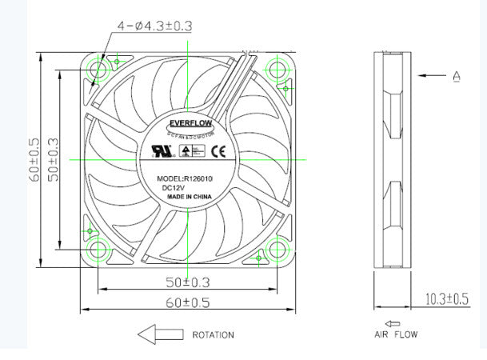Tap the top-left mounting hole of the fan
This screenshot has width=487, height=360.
coord(100,70)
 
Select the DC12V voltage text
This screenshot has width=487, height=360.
coord(174,189)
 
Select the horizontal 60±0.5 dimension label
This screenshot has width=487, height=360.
coord(189,302)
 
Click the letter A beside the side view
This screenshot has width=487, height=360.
coord(457,77)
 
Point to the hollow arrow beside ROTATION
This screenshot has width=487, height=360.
coord(158,334)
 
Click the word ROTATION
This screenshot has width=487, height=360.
coord(213,335)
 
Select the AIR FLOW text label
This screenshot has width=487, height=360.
coord(395,334)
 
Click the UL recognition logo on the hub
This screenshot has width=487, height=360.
coord(151,150)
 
